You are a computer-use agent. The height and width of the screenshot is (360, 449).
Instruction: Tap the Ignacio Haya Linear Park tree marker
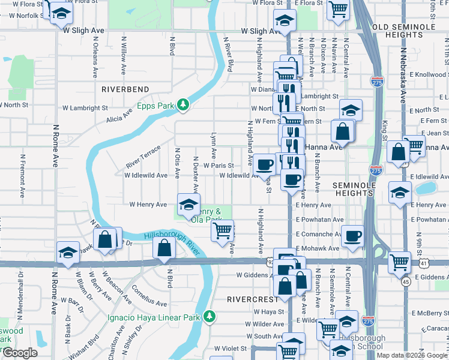point(209,316)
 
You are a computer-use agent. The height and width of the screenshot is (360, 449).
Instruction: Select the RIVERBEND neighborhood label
point(125,89)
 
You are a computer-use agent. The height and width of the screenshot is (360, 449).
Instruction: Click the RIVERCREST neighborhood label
point(252,298)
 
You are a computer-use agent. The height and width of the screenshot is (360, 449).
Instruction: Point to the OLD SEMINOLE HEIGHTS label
point(410,28)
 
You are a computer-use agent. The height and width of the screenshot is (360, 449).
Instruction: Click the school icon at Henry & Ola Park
point(188,205)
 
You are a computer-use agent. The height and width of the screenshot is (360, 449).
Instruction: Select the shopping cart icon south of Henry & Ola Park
point(223,229)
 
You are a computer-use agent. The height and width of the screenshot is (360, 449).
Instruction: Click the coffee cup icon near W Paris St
point(264,164)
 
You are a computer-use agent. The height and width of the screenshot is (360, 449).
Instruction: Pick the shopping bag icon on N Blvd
point(164,247)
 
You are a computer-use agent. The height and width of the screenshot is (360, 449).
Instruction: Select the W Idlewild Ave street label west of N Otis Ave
point(145,176)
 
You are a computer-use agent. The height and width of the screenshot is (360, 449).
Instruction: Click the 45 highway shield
point(406,281)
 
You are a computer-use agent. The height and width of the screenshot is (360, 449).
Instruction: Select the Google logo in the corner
point(20,353)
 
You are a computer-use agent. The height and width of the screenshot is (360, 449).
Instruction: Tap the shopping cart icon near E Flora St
point(339,10)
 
